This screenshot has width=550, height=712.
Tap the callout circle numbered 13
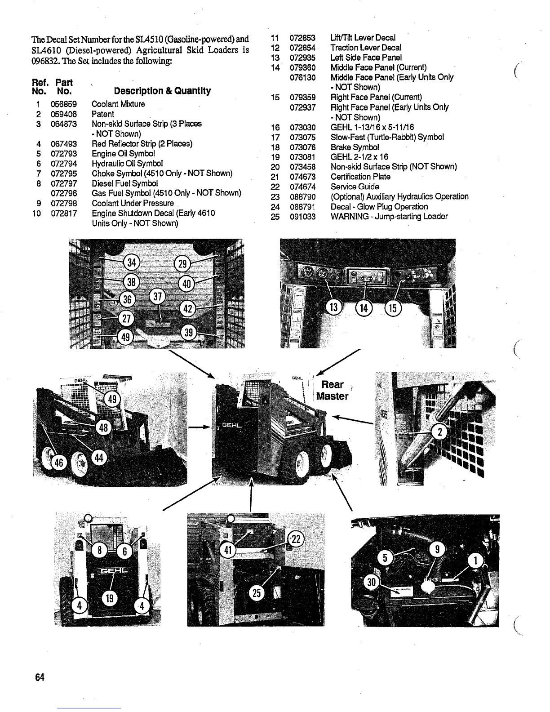pos(333,308)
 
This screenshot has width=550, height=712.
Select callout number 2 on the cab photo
pos(439,432)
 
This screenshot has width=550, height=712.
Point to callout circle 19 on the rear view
pos(110,598)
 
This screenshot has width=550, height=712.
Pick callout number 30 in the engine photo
pos(372,583)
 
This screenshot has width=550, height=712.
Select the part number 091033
pos(303,217)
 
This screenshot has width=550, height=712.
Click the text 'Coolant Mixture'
pos(118,104)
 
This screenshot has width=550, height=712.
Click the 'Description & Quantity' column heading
pos(162,91)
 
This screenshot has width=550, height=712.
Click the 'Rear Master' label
pos(332,390)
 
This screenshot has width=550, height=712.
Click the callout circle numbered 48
pos(104,427)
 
